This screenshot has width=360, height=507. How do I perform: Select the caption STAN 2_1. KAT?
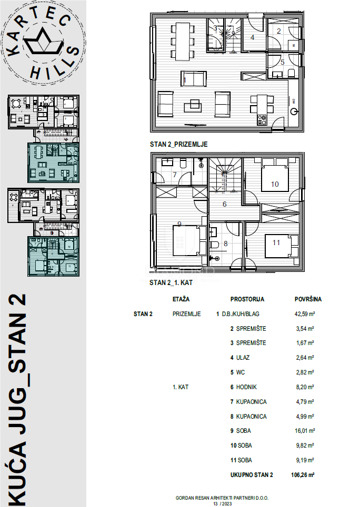click(x=169, y=283)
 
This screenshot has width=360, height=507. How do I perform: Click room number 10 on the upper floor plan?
click(x=275, y=184)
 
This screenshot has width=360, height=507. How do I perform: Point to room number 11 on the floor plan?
click(x=276, y=242)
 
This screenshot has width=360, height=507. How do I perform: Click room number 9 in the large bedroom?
click(x=179, y=225)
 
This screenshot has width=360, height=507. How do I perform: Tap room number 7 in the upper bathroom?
click(x=175, y=174)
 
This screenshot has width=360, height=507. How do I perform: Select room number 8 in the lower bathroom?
click(x=226, y=244)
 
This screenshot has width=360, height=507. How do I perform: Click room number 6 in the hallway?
click(x=224, y=205)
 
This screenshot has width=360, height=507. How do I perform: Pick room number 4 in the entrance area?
click(x=253, y=37)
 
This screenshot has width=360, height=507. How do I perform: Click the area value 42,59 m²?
click(x=304, y=314)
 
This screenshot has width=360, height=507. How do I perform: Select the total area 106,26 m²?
click(x=303, y=475)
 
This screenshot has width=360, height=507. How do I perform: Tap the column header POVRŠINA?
click(x=307, y=299)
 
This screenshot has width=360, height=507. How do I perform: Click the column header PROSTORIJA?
click(x=247, y=299)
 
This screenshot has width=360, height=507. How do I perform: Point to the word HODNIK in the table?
click(x=247, y=387)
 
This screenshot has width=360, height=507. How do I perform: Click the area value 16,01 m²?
click(x=304, y=431)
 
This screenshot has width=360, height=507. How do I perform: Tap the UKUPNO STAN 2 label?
click(x=252, y=475)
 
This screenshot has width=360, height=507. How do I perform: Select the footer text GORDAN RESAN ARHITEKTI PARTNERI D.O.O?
click(x=214, y=498)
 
